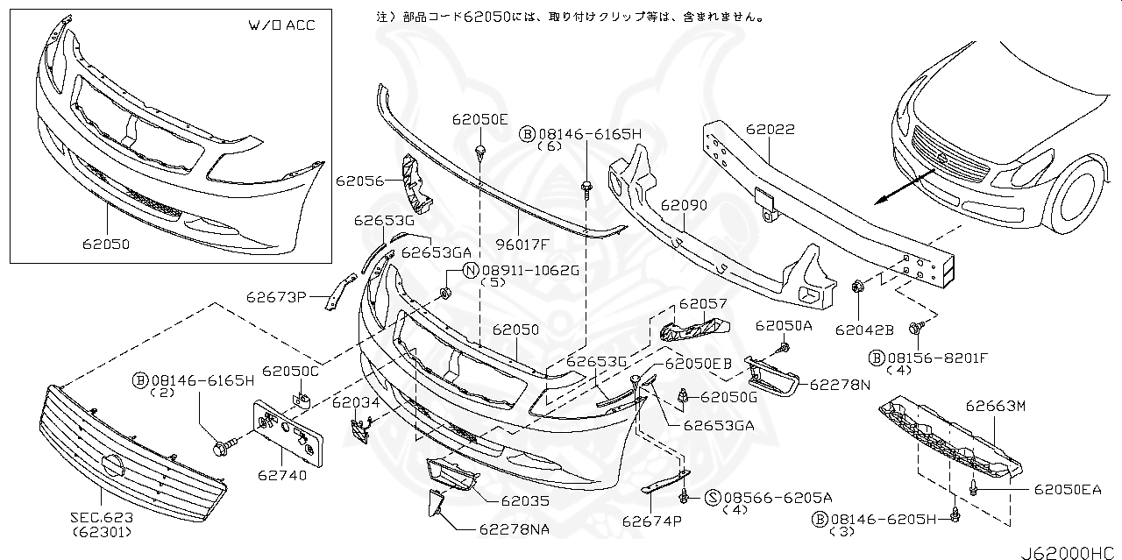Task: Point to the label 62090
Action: coord(684,205)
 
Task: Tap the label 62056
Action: coord(359,181)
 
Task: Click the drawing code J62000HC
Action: coord(1069,551)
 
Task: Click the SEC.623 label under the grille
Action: coord(102,517)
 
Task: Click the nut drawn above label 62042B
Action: coord(857,286)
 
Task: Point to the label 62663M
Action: coord(995,406)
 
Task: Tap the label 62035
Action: coord(525,502)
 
